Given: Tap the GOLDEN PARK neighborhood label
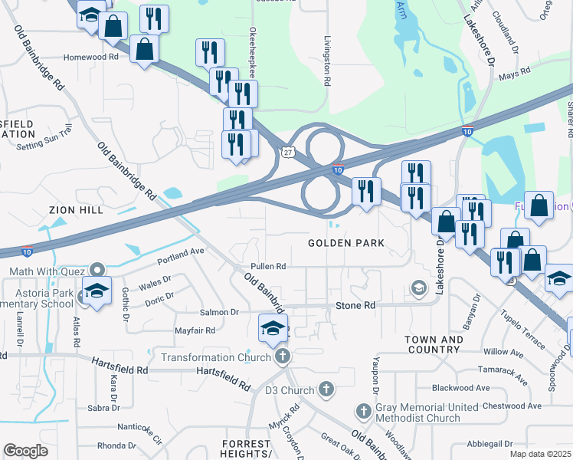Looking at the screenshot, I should (x=345, y=243).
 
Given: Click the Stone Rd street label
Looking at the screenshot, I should (x=356, y=305).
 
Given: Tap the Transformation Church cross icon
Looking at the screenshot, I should (x=283, y=356).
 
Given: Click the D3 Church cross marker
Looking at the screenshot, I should (x=326, y=390).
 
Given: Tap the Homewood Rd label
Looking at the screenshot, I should (x=91, y=57).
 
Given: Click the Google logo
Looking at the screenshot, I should (x=25, y=451).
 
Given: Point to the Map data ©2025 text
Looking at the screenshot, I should (x=539, y=454).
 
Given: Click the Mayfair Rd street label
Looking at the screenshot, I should (x=194, y=330).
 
